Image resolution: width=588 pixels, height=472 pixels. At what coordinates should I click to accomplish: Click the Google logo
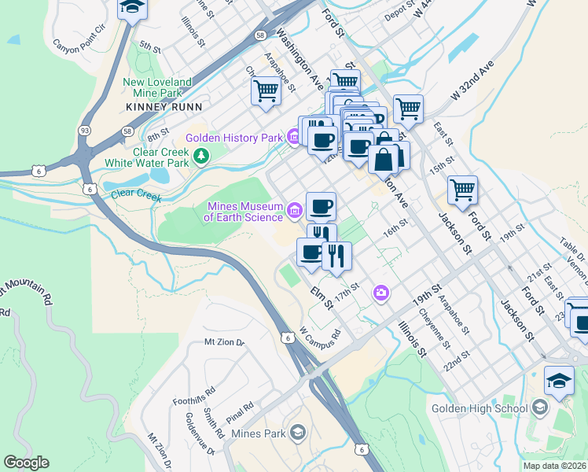[x=26, y=463]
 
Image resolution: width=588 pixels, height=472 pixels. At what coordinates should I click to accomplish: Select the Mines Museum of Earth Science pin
[x=295, y=209]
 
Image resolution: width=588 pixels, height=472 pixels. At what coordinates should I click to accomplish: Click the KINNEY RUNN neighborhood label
[x=164, y=106]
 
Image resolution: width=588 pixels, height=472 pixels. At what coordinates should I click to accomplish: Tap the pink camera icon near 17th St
[x=381, y=293]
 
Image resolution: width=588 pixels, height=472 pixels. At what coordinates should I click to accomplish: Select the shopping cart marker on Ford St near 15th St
[x=462, y=189]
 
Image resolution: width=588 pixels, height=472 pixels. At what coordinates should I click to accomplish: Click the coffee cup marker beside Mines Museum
[x=321, y=207]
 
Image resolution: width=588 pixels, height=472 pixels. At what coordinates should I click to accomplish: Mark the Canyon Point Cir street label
[x=79, y=37]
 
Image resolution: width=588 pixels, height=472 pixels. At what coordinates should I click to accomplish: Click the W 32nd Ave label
[x=470, y=79]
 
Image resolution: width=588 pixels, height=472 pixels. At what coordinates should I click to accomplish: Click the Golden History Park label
[x=233, y=138]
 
